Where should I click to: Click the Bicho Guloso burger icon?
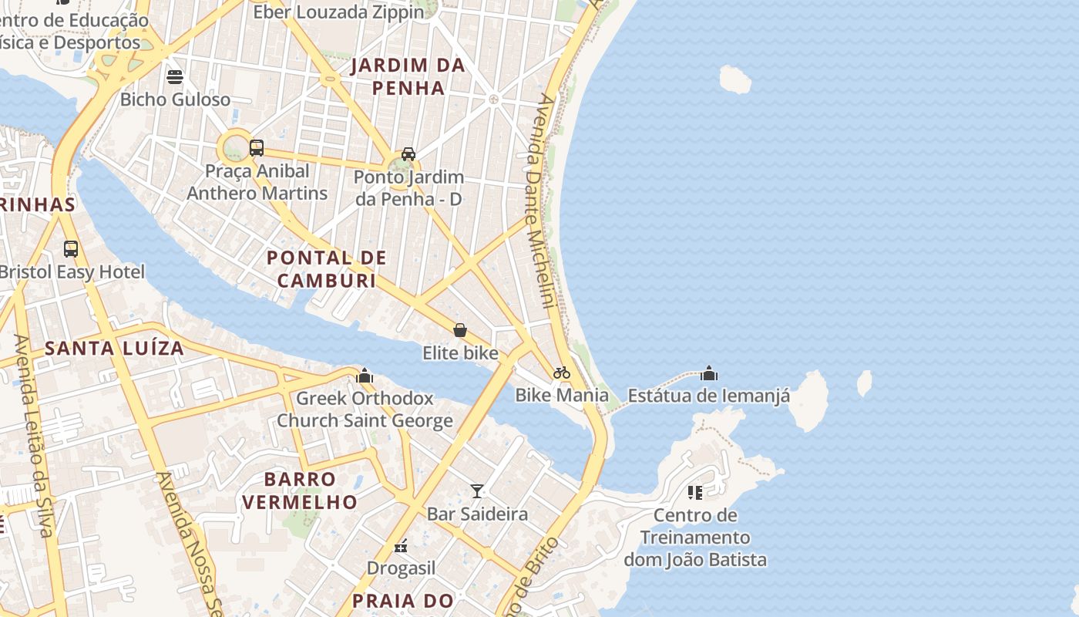[x=175, y=76]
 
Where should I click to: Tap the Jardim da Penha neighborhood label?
[x=408, y=76]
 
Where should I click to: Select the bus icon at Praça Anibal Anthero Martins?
[x=257, y=147]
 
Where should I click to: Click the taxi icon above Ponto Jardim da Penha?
[x=408, y=153]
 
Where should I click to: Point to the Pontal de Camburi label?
[x=327, y=269]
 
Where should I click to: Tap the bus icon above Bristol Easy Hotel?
[x=71, y=248]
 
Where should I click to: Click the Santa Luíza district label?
[x=114, y=349]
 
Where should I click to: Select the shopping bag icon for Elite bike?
[x=460, y=330]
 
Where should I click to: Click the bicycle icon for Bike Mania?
[x=562, y=373]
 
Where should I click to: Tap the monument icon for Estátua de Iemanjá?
[x=709, y=374]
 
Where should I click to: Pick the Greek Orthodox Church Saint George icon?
[x=365, y=376]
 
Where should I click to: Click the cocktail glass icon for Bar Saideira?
[x=477, y=491]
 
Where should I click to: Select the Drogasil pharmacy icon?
[x=401, y=546]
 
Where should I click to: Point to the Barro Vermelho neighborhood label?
[x=300, y=491]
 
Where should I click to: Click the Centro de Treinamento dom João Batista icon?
[x=695, y=492]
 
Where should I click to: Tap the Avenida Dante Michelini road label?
[x=539, y=201]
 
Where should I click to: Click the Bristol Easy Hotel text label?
[x=72, y=272]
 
